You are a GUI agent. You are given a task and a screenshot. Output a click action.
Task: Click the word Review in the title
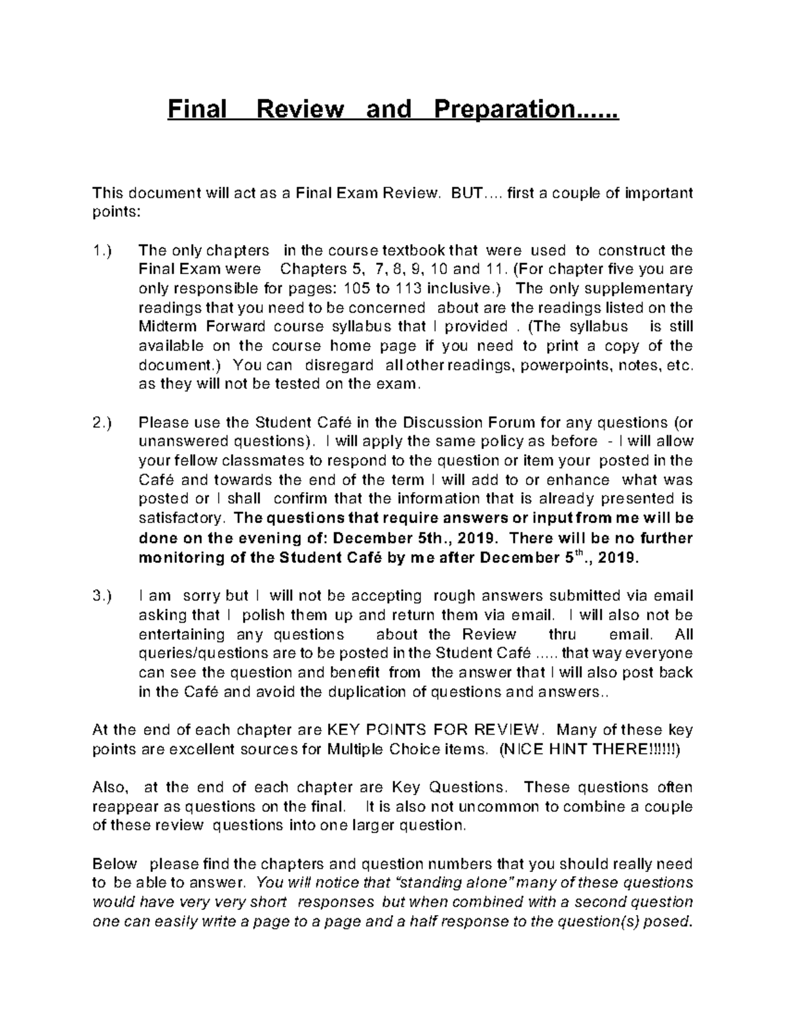coord(300,108)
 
